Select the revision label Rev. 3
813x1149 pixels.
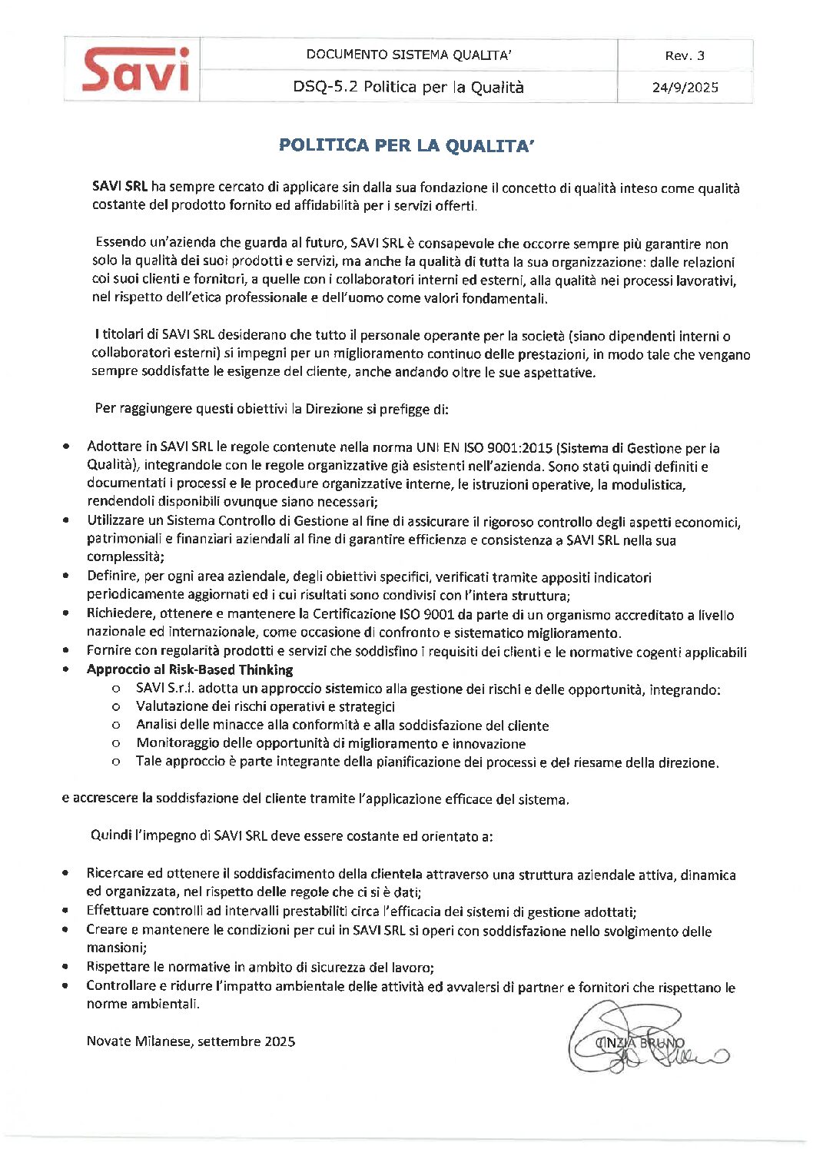coord(685,55)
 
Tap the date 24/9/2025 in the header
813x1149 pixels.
coord(685,87)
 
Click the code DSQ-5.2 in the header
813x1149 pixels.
coord(325,87)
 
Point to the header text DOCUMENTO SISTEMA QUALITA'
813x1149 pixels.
coord(409,55)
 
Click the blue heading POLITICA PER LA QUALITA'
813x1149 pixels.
coord(406,145)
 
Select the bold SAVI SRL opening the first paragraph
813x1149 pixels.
coord(119,187)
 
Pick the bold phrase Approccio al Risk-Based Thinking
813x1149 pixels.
coord(190,669)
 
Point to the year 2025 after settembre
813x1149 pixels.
coord(280,1041)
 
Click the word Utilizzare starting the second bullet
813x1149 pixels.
coord(115,522)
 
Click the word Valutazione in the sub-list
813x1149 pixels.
coord(170,706)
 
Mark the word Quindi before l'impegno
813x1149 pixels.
coord(111,835)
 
